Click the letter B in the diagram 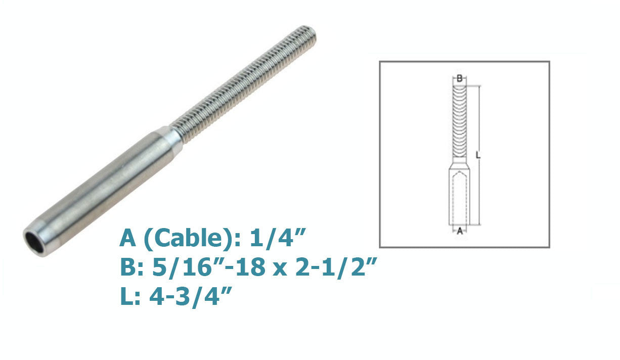[x=460, y=78]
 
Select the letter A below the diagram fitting [x=460, y=231]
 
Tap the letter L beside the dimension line [x=478, y=155]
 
